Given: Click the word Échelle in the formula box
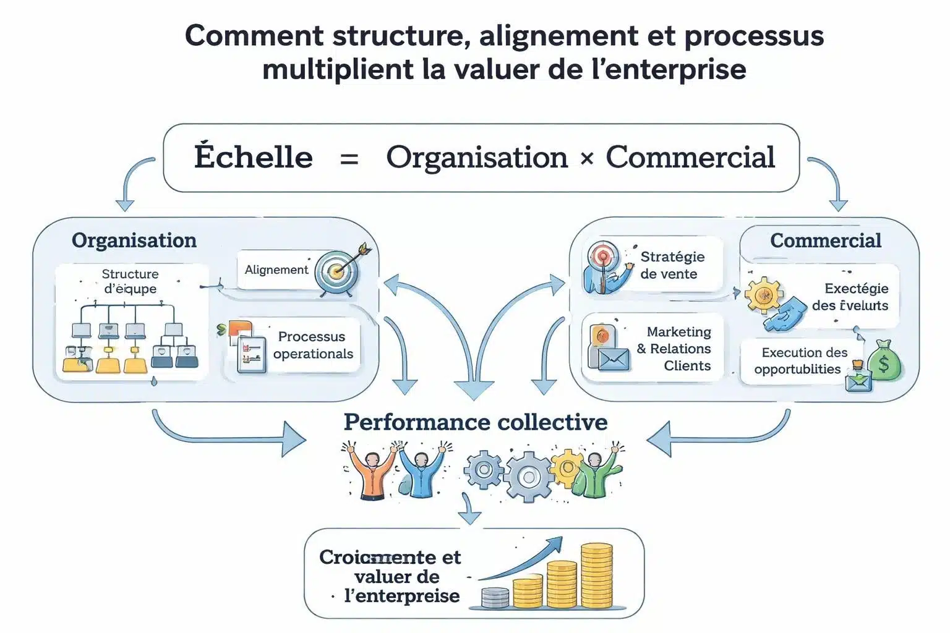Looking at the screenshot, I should [253, 157].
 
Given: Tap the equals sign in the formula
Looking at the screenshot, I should [349, 159].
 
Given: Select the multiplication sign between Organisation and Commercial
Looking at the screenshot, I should [586, 159].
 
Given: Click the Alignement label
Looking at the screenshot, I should [276, 270].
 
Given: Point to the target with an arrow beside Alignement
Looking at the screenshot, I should [339, 270].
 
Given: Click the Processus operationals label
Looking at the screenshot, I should [313, 345].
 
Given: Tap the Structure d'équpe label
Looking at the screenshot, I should [131, 281].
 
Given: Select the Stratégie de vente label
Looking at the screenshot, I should [672, 265].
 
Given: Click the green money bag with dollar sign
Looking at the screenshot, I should [884, 361].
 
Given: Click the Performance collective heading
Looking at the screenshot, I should [475, 422].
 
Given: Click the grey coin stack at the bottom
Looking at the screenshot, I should [495, 598].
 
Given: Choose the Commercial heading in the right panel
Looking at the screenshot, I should [825, 240].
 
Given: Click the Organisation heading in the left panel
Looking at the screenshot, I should [134, 240].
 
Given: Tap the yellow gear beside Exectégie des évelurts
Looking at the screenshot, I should [763, 294].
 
